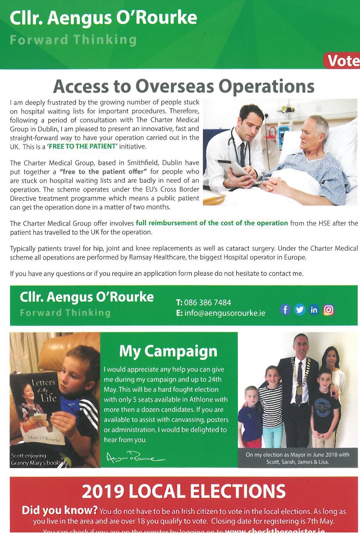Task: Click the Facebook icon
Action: (285, 310)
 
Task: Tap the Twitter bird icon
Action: (300, 310)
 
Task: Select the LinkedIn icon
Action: (314, 310)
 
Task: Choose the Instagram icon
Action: (328, 310)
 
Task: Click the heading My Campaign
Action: (168, 351)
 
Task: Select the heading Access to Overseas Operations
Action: (184, 86)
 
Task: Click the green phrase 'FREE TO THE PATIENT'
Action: (82, 147)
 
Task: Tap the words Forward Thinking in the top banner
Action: (73, 40)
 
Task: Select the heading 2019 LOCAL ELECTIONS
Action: (184, 491)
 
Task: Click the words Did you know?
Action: (60, 510)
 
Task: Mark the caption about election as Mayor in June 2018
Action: (298, 458)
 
